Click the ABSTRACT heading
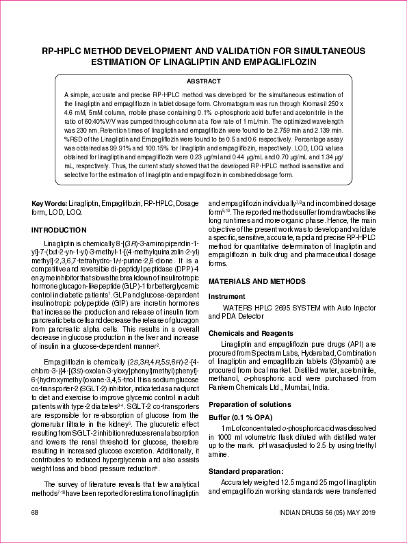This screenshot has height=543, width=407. pyautogui.click(x=203, y=81)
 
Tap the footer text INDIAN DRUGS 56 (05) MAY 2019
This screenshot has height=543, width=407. pyautogui.click(x=326, y=512)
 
